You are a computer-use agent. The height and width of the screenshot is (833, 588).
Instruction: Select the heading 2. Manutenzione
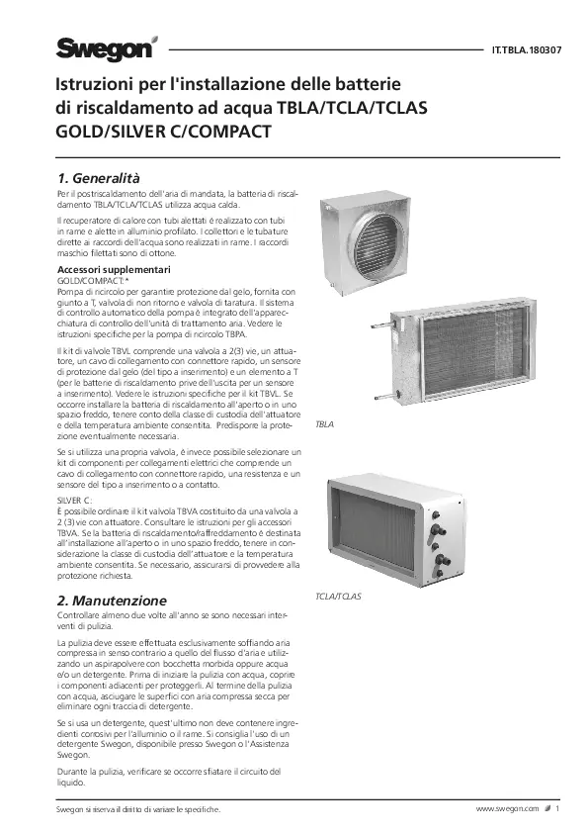tap(112, 601)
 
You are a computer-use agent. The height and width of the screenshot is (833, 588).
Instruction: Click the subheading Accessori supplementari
tap(116, 270)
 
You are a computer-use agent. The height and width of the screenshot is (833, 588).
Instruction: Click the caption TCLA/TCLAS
tap(338, 598)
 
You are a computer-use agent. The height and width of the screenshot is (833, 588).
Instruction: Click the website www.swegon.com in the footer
tap(507, 808)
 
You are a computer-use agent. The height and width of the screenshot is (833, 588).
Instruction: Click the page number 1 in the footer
tap(557, 808)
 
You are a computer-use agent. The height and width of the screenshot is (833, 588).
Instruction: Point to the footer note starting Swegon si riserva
tap(136, 809)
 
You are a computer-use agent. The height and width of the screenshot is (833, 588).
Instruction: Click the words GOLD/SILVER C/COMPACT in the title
tap(163, 130)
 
